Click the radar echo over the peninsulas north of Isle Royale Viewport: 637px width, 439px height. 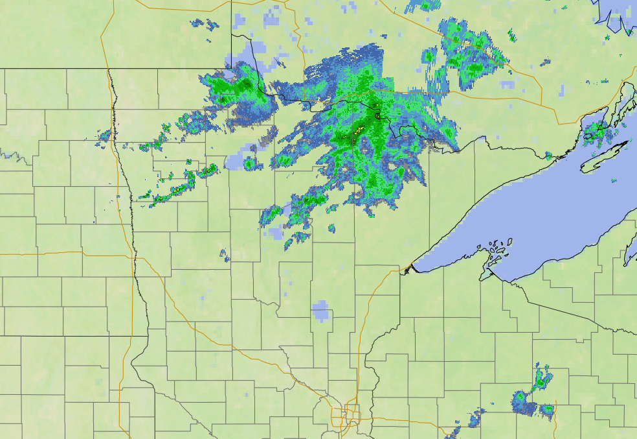pos(596,130)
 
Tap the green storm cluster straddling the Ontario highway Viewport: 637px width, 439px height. pos(466,52)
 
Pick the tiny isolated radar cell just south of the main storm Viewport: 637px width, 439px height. pos(331,228)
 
